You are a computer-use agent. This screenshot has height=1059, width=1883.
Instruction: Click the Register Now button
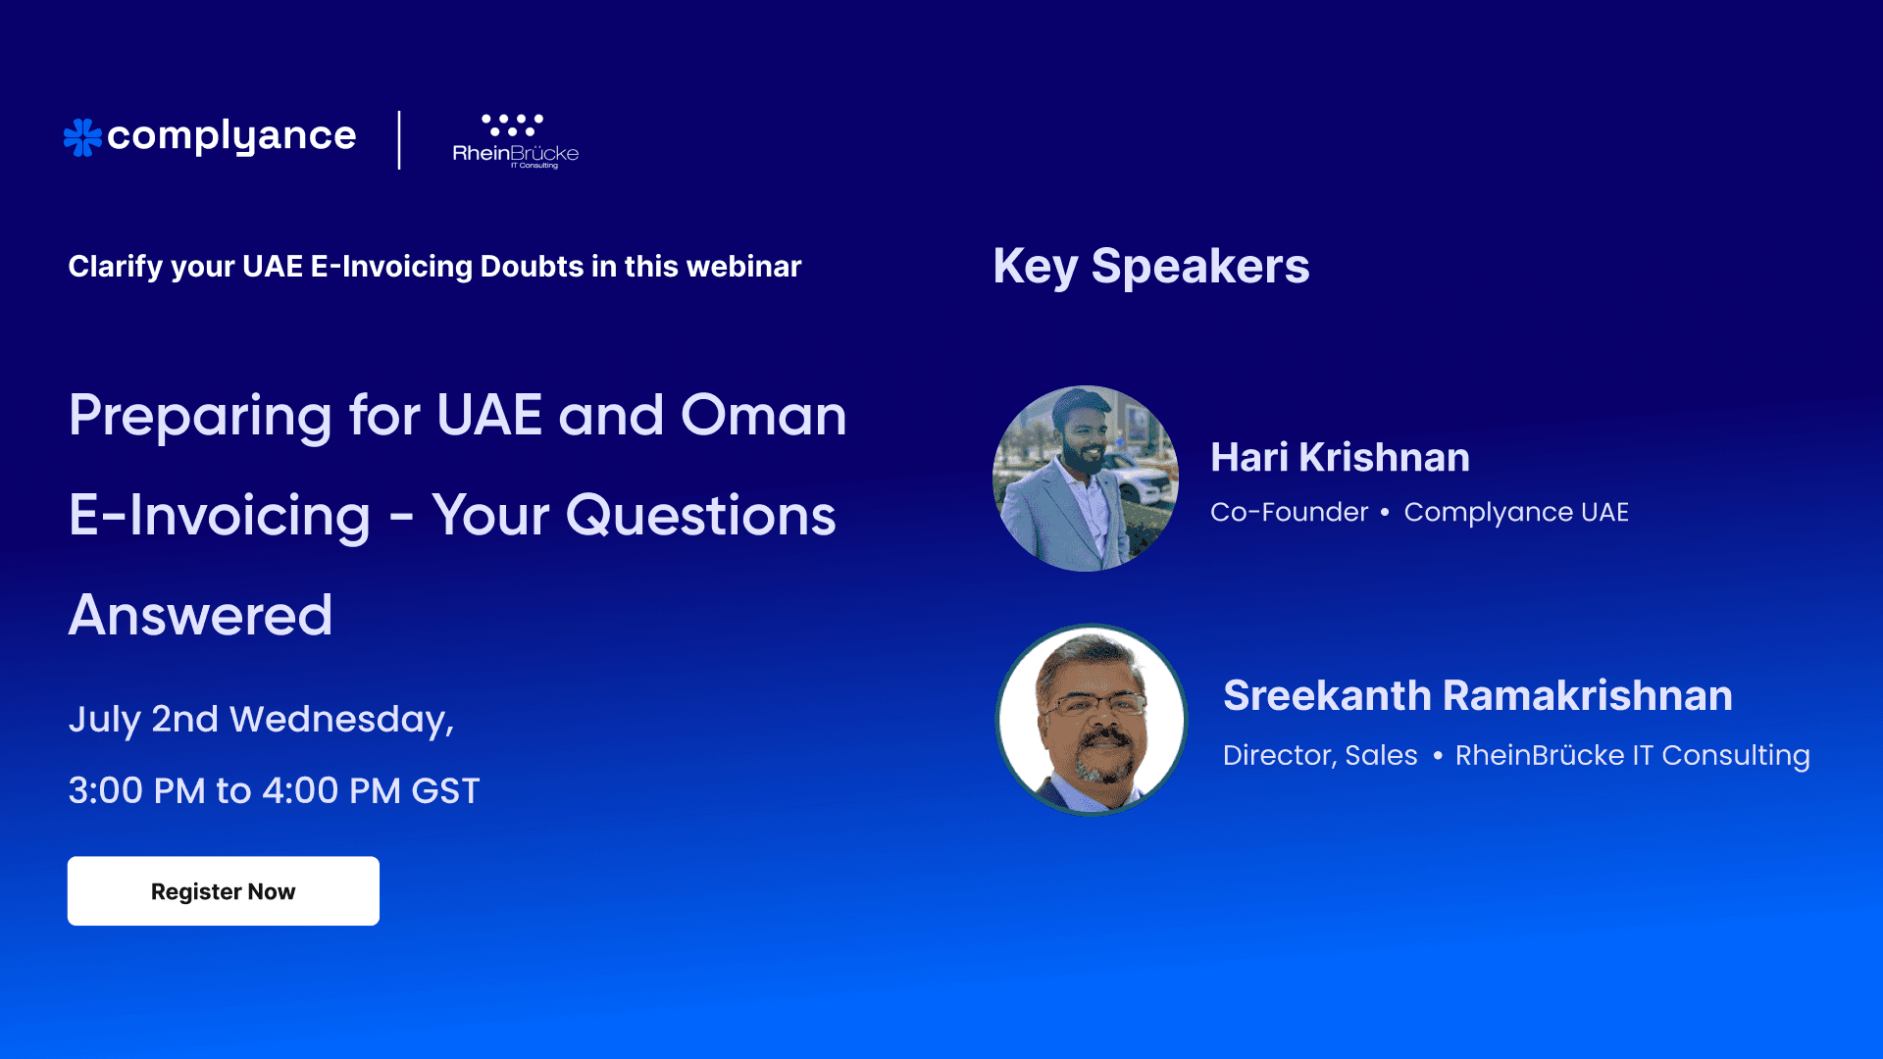click(x=223, y=891)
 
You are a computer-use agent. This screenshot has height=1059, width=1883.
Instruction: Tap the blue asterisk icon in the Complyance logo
click(x=82, y=137)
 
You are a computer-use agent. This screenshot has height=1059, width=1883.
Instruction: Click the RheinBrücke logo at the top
click(x=515, y=141)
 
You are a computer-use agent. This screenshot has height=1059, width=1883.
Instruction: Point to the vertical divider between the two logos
click(x=399, y=140)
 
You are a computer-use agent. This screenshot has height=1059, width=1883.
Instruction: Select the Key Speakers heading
click(x=1150, y=266)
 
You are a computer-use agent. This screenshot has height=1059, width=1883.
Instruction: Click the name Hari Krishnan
click(x=1340, y=457)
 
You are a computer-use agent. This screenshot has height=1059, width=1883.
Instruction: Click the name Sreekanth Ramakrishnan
click(x=1477, y=695)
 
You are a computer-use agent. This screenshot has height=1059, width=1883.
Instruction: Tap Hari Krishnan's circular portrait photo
click(x=1086, y=479)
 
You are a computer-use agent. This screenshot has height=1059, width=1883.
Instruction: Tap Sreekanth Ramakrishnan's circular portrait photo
click(x=1092, y=720)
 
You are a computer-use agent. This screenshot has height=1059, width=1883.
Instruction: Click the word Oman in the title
click(x=763, y=415)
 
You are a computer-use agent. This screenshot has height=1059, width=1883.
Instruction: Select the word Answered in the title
click(x=201, y=615)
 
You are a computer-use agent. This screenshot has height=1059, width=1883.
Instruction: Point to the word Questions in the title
click(x=700, y=516)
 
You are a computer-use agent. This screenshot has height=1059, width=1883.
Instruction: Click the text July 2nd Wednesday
click(x=261, y=720)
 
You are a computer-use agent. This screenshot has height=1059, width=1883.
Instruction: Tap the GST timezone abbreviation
click(x=445, y=791)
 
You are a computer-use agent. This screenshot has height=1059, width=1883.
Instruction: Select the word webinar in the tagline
click(x=743, y=267)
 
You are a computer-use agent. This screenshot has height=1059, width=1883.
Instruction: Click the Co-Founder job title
click(x=1289, y=512)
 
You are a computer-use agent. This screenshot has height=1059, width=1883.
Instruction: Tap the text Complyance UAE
click(x=1515, y=512)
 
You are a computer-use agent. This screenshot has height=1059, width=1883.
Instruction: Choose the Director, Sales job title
click(x=1319, y=755)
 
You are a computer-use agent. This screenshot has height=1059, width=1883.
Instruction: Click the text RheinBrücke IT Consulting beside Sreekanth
click(x=1632, y=755)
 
